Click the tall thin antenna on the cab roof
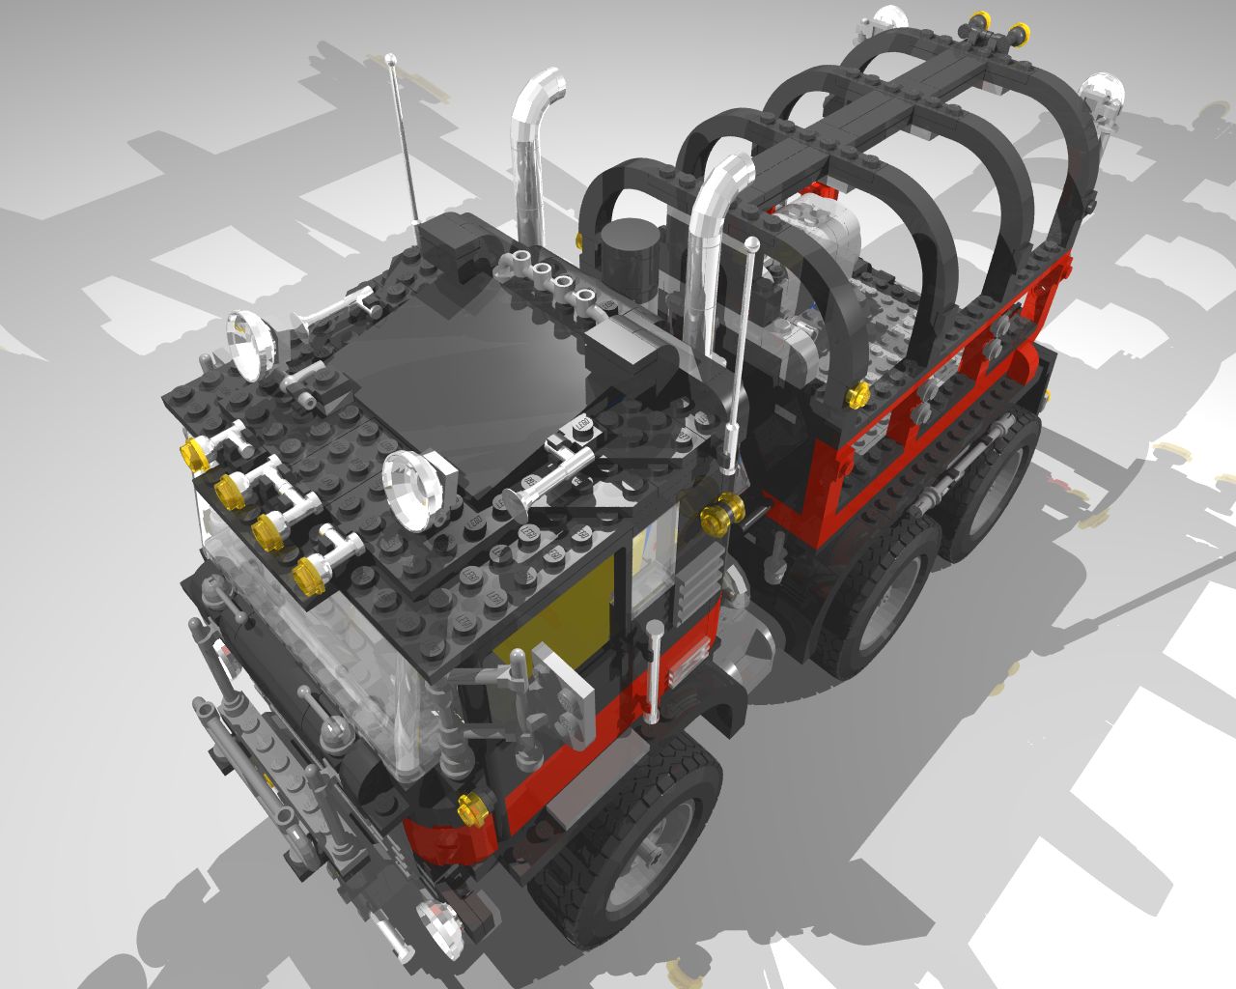click(x=404, y=145)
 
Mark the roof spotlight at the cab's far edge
click(x=253, y=340)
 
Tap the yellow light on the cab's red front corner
click(x=471, y=809)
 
